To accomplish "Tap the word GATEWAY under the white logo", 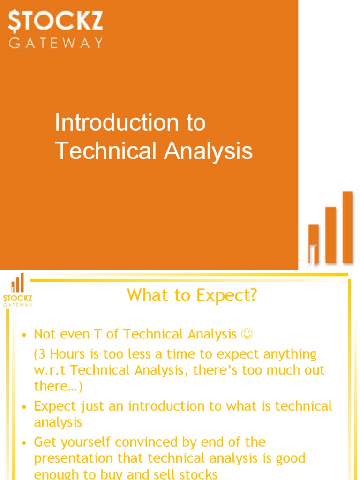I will pyautogui.click(x=56, y=43).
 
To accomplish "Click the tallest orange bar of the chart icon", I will pyautogui.click(x=347, y=227).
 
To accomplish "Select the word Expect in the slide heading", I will pyautogui.click(x=227, y=296).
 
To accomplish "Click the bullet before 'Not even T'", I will pyautogui.click(x=25, y=335).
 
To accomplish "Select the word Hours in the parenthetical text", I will pyautogui.click(x=68, y=354).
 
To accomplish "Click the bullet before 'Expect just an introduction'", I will pyautogui.click(x=25, y=407).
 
